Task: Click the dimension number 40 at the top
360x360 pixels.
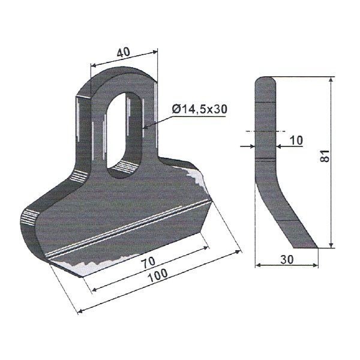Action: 123,53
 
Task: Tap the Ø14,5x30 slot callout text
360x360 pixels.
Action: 199,109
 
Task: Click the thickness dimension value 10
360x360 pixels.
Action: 296,140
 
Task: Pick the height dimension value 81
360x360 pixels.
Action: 325,157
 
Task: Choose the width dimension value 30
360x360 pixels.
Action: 287,259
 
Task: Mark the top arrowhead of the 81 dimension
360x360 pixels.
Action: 331,80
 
